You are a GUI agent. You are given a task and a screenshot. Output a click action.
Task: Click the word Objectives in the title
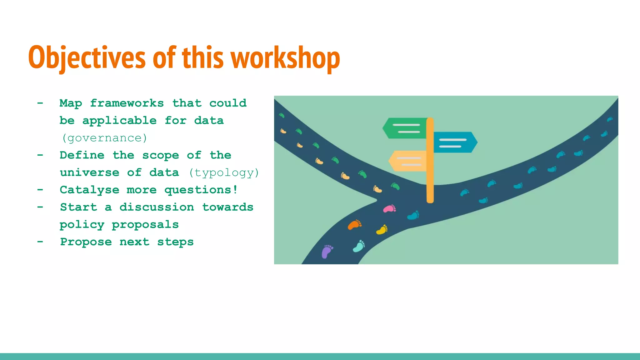(x=87, y=58)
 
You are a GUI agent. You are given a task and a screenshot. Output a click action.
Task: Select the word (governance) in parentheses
(x=104, y=138)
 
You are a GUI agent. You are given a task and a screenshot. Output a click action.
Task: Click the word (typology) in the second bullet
(x=224, y=172)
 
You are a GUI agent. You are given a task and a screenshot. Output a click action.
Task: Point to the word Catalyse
(x=89, y=190)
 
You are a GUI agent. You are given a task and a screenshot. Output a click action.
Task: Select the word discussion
(x=157, y=207)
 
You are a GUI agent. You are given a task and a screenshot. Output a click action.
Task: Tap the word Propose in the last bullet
(x=86, y=242)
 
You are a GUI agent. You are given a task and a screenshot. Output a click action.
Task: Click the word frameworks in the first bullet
(x=127, y=103)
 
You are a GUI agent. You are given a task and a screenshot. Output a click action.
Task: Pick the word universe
(x=89, y=172)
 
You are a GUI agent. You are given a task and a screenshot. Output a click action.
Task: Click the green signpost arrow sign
(x=405, y=128)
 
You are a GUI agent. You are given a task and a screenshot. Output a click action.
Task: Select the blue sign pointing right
(x=455, y=142)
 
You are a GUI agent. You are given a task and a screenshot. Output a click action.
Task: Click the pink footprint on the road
(x=389, y=208)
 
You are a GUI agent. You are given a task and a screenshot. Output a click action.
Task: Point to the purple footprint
(x=327, y=251)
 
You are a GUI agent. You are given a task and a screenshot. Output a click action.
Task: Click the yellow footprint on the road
(x=382, y=230)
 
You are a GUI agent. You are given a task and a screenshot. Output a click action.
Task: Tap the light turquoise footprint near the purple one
(x=359, y=246)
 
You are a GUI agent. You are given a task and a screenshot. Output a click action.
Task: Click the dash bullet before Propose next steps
(x=40, y=242)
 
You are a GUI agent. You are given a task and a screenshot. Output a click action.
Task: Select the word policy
(x=82, y=224)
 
